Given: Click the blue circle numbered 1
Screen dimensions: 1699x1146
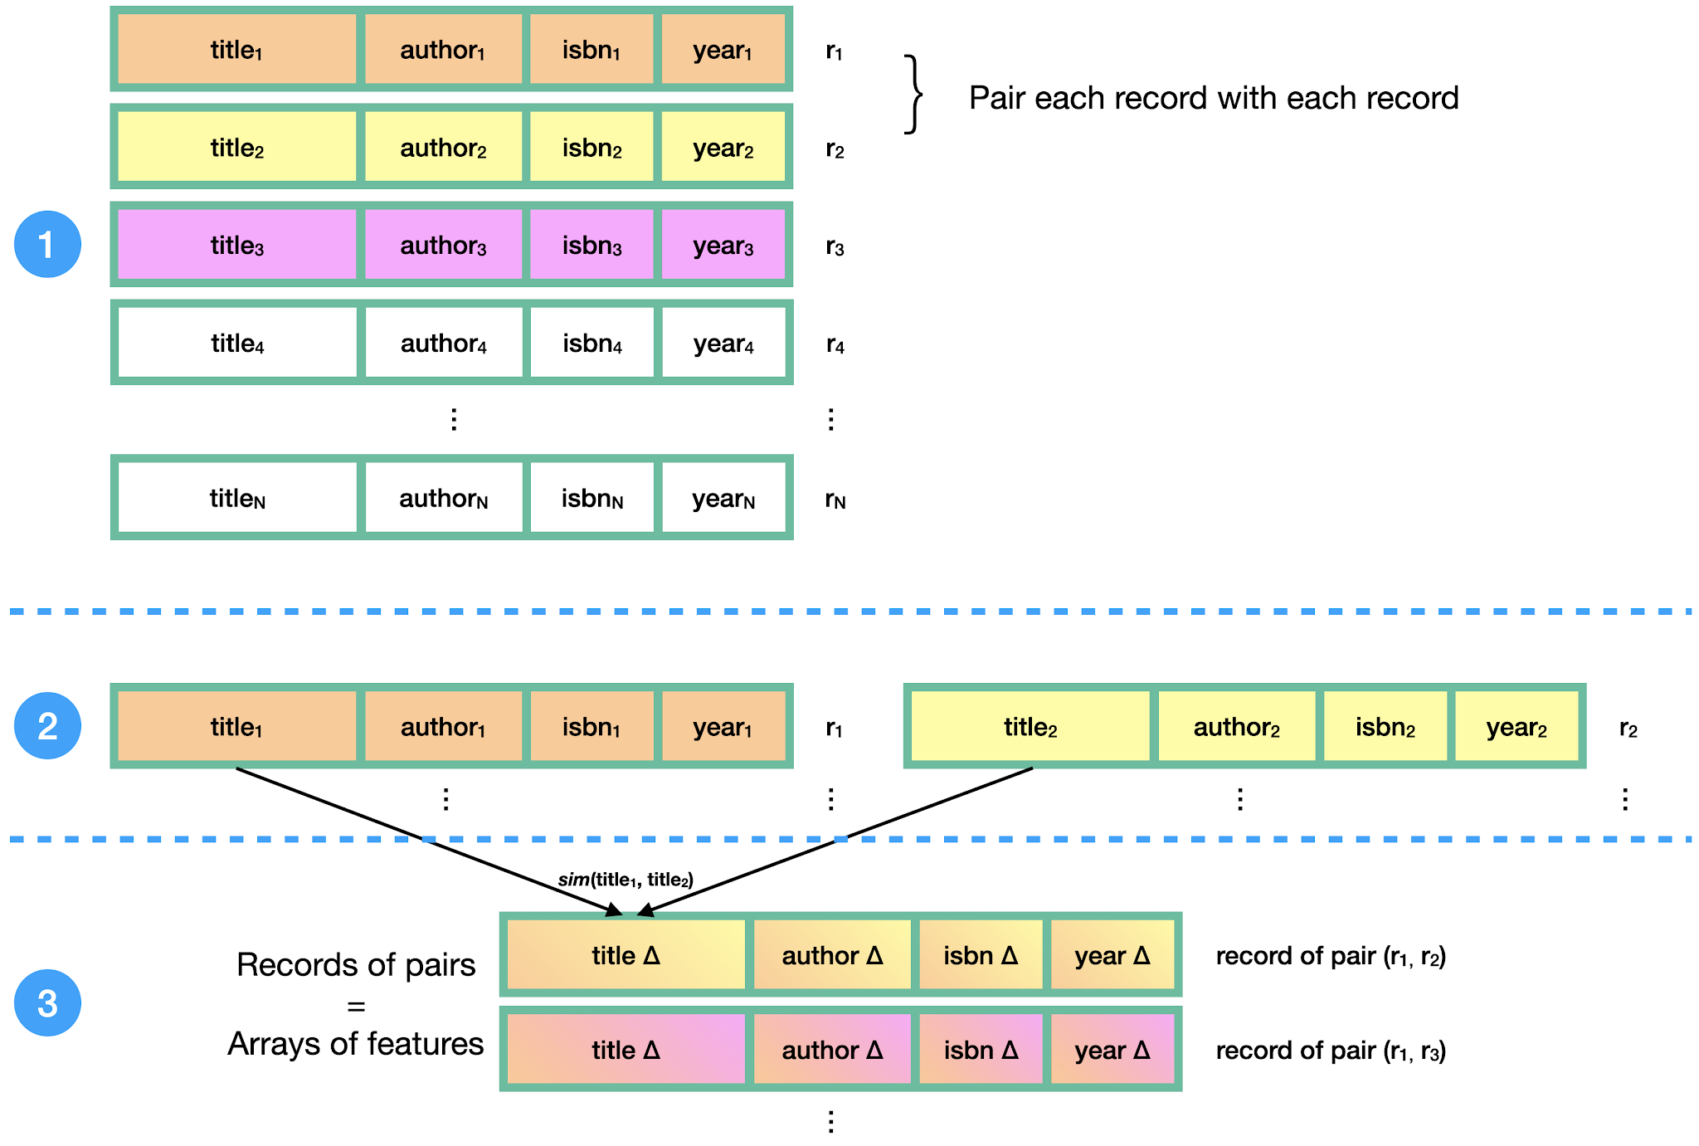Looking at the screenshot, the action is tap(47, 244).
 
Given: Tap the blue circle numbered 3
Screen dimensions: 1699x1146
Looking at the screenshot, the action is tap(47, 1002).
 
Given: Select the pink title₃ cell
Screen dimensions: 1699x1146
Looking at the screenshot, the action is tap(237, 245).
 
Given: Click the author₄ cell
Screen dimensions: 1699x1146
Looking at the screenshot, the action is tap(444, 343).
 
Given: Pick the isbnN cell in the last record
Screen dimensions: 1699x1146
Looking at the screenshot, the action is tap(592, 498).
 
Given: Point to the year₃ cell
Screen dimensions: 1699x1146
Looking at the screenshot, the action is tap(723, 245).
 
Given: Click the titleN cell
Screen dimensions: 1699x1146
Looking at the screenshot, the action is tap(237, 498).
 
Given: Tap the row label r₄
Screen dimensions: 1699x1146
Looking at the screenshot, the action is tap(835, 344).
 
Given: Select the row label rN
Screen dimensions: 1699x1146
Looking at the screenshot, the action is tap(835, 499).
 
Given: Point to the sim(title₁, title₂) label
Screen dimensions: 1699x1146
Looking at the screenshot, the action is tap(626, 880).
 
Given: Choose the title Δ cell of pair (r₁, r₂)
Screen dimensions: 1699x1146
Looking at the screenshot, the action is tap(626, 955).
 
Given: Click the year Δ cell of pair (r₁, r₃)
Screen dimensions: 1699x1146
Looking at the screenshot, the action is tap(1112, 1050).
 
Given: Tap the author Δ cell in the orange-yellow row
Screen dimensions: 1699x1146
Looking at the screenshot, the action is tap(832, 955).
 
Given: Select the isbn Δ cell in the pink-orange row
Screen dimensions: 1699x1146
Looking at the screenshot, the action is tap(981, 1050).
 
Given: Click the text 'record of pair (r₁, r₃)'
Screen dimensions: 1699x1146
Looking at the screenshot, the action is tap(1331, 1051).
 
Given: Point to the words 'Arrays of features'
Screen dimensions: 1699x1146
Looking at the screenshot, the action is tap(356, 1043).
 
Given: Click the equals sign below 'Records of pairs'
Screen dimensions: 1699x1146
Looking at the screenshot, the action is tap(356, 1007).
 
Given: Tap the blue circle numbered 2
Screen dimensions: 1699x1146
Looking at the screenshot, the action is tap(47, 725).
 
